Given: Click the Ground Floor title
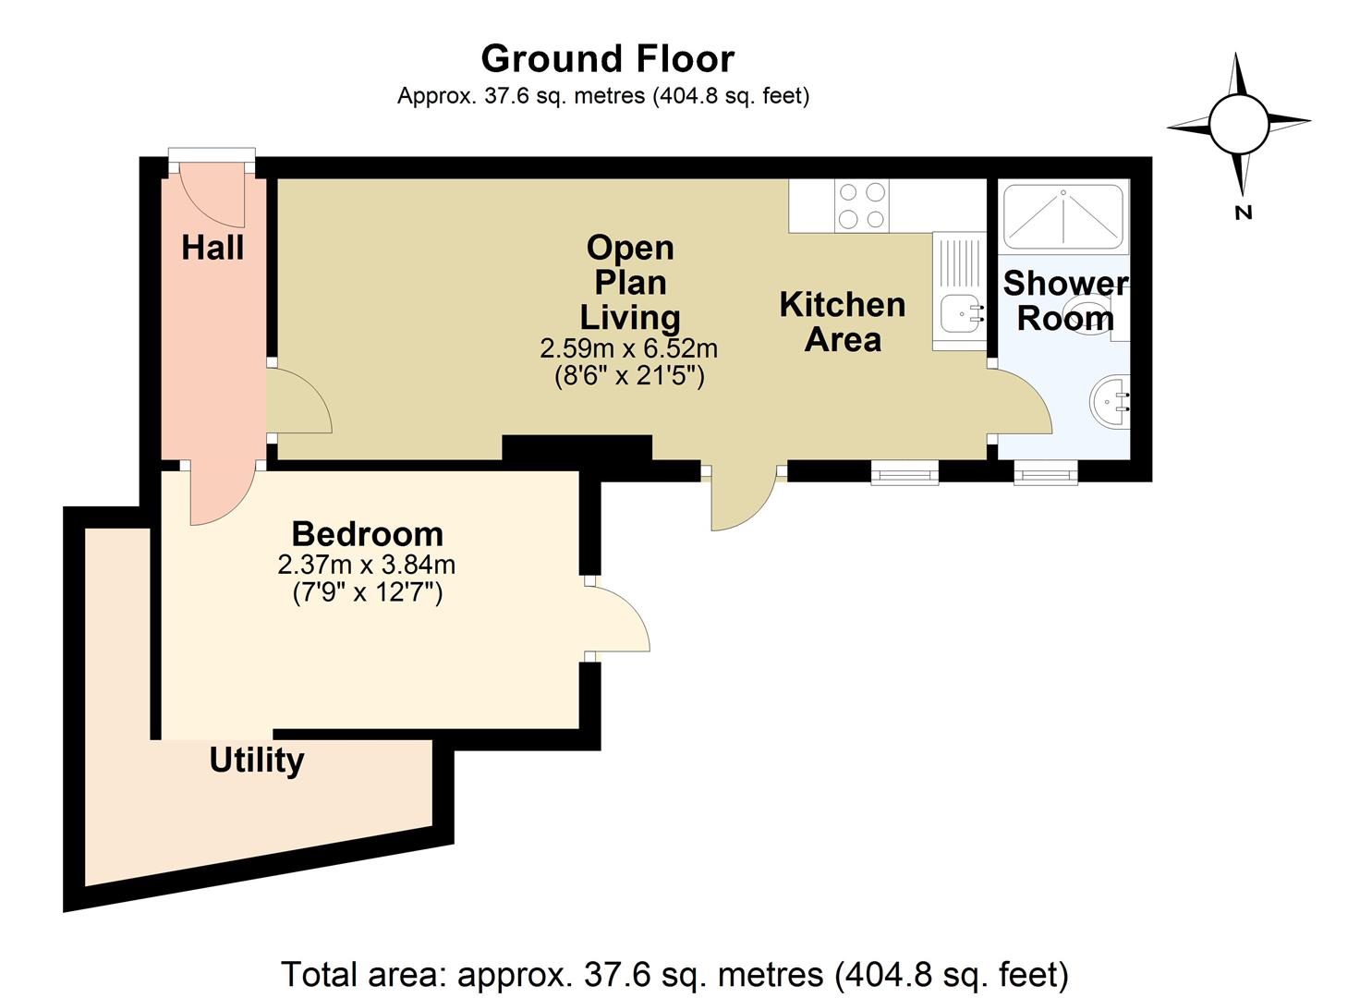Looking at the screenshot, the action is [608, 59].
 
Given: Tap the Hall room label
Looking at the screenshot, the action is [212, 249].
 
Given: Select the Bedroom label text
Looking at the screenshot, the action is [368, 534].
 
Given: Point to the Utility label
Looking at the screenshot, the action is [257, 761].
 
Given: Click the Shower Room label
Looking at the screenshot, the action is [1066, 300].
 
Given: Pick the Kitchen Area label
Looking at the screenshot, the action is [843, 323].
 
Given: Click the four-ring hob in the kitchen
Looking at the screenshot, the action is [862, 206].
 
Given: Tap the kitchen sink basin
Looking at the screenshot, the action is [962, 313].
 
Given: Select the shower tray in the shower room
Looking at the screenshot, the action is [1064, 217].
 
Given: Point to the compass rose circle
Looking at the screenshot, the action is [1239, 125].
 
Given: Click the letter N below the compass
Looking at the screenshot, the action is [1244, 213].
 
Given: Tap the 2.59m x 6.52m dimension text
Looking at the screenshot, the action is [629, 349].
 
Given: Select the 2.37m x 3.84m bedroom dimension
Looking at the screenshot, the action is [367, 565].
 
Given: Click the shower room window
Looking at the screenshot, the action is [1046, 472].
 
